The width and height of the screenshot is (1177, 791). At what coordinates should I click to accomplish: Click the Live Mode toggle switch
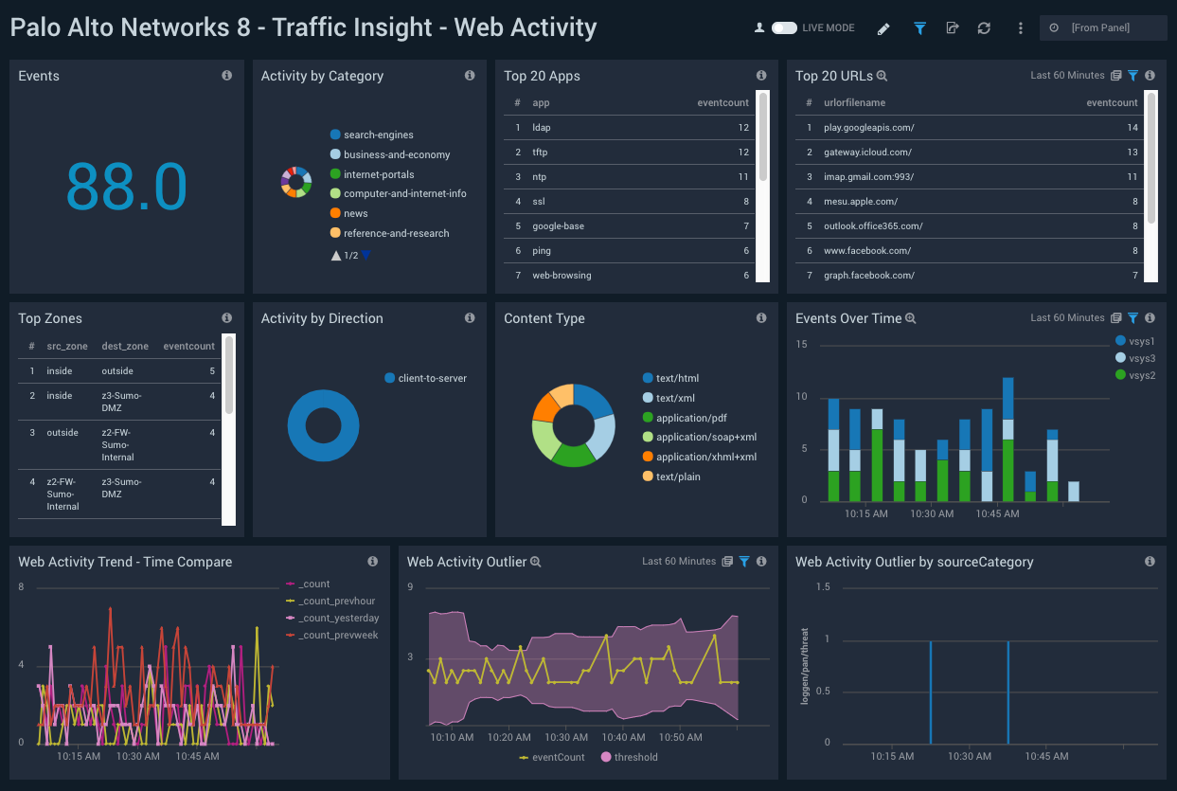(784, 28)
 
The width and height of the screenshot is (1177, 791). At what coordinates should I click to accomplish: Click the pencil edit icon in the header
(883, 28)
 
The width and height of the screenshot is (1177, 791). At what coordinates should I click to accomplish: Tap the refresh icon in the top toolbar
(984, 28)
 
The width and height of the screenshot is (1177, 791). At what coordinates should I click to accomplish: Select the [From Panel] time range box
(1101, 28)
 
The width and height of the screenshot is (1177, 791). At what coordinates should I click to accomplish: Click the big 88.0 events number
(126, 186)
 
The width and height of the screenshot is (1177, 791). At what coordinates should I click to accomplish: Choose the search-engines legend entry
(378, 135)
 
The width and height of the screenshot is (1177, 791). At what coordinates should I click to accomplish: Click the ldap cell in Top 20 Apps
(541, 127)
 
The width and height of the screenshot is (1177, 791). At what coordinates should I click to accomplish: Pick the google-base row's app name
(558, 226)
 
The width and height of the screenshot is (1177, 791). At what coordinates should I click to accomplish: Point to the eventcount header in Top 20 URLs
(1112, 102)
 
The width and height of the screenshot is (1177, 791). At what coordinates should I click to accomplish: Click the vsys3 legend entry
(1142, 358)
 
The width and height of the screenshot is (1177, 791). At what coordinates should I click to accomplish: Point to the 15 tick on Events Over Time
(801, 345)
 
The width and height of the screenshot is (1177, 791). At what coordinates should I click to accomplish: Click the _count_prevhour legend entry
(337, 602)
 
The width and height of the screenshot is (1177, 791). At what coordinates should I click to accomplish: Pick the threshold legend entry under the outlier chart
(635, 757)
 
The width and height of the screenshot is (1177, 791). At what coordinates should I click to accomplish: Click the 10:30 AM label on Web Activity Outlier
(566, 737)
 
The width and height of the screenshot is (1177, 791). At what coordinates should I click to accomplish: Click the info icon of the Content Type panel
(761, 318)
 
